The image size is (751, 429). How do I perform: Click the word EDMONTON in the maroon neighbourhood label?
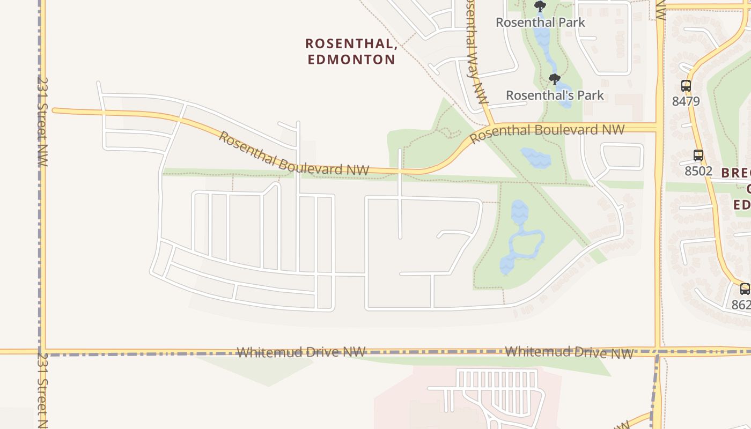pyautogui.click(x=351, y=59)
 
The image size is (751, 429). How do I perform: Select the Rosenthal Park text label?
pyautogui.click(x=540, y=23)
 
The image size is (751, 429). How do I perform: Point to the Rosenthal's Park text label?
pyautogui.click(x=555, y=95)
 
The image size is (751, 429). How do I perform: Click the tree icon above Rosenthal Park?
pyautogui.click(x=540, y=6)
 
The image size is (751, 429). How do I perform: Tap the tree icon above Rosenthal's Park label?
pyautogui.click(x=555, y=79)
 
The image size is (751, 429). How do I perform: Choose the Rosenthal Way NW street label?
pyautogui.click(x=477, y=54)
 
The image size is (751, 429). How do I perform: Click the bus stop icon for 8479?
pyautogui.click(x=686, y=85)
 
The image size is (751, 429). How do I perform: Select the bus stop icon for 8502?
pyautogui.click(x=698, y=156)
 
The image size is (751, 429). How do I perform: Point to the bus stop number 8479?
pyautogui.click(x=686, y=101)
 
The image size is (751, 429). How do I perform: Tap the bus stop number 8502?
pyautogui.click(x=698, y=171)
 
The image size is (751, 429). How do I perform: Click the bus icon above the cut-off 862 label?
pyautogui.click(x=745, y=289)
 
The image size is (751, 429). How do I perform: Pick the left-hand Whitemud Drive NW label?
pyautogui.click(x=301, y=352)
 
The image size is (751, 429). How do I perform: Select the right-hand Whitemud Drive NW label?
pyautogui.click(x=569, y=352)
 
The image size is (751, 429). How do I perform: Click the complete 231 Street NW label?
pyautogui.click(x=42, y=121)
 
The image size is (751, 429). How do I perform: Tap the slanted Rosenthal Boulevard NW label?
pyautogui.click(x=293, y=154)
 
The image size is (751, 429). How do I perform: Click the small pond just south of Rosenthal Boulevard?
pyautogui.click(x=535, y=158)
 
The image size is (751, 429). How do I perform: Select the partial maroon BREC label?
pyautogui.click(x=736, y=173)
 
